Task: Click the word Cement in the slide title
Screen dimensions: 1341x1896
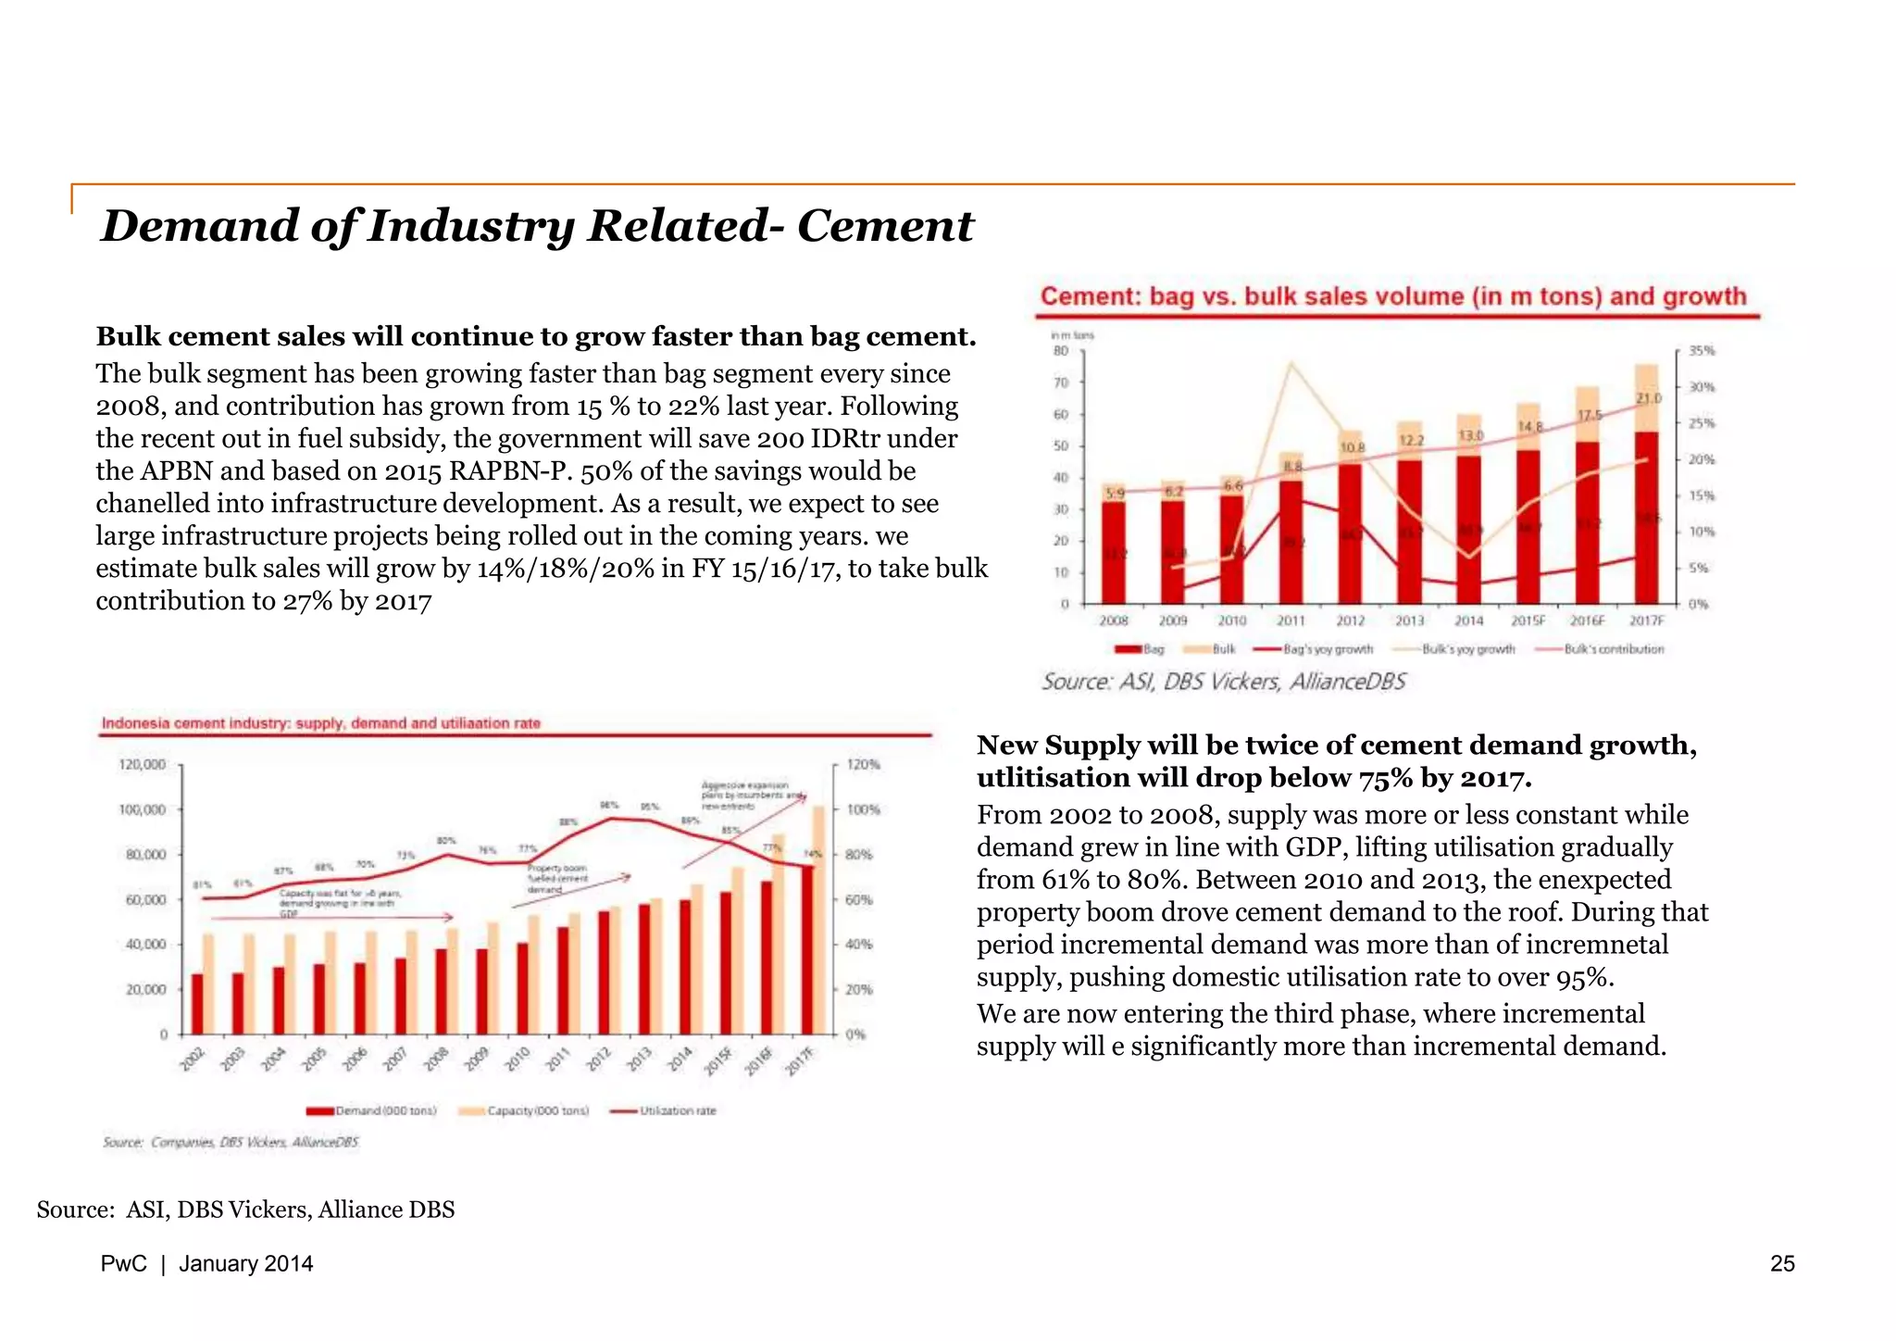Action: coord(885,226)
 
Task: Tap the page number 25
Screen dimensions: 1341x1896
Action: coord(1781,1264)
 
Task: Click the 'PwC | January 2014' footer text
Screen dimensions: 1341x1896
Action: coord(206,1264)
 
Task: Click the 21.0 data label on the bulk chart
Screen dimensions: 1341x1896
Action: coord(1650,398)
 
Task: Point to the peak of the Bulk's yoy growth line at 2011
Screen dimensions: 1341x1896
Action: coord(1291,364)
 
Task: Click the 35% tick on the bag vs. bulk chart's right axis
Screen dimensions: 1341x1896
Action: coord(1702,351)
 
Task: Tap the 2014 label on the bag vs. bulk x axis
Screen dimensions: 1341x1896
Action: coord(1468,620)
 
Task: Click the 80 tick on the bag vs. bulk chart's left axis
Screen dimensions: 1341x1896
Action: coord(1061,351)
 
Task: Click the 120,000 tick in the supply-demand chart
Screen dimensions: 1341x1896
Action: coord(143,765)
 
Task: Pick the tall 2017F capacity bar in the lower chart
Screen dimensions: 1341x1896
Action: coord(818,917)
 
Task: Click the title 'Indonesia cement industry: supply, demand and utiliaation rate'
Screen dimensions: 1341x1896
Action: coord(320,723)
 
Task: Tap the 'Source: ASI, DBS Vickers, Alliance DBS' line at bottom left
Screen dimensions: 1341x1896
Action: coord(245,1209)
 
